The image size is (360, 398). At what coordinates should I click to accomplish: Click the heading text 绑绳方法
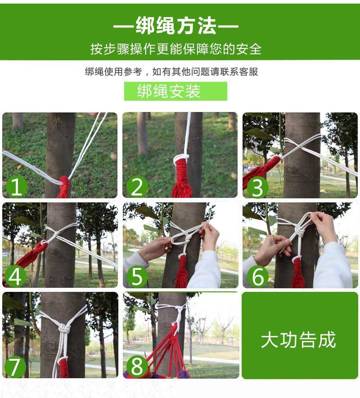tap(175, 27)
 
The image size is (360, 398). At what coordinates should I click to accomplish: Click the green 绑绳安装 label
tap(175, 91)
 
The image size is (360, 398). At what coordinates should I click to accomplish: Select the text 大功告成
tap(299, 340)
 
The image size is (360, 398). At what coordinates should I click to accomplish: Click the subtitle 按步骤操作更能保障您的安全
tap(175, 49)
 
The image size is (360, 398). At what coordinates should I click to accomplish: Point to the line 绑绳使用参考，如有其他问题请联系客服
tap(171, 72)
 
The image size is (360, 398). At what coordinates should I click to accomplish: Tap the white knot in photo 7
tap(65, 329)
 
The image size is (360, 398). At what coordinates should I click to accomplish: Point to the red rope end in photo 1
tap(63, 188)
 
